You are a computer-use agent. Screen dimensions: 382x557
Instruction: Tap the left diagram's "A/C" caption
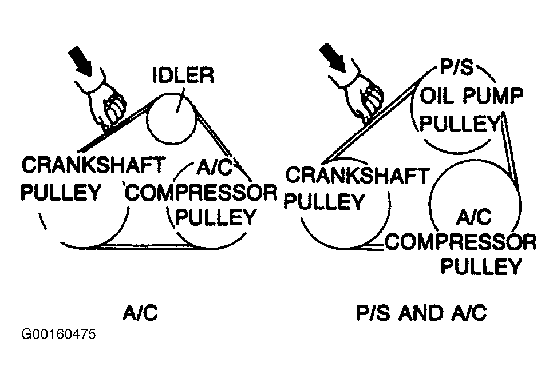pos(140,313)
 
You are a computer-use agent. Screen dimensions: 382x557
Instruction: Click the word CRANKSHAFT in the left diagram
pos(92,166)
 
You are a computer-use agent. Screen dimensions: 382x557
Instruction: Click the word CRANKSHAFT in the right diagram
pos(355,176)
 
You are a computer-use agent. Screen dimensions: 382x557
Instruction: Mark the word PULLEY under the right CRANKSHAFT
pos(325,201)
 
